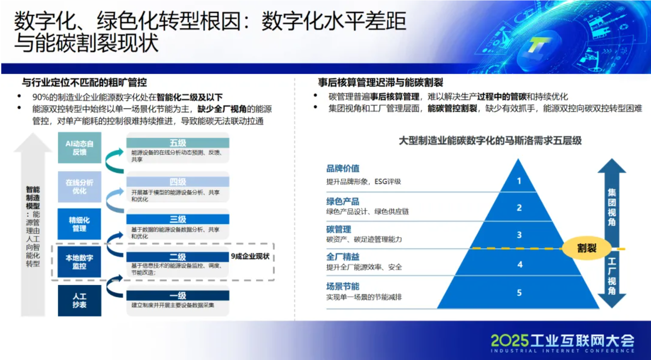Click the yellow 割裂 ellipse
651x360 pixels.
tap(586, 248)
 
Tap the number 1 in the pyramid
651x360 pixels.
tap(519, 181)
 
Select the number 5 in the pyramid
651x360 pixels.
tap(519, 293)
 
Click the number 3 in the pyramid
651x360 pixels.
tap(519, 235)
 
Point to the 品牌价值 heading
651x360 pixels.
tap(343, 168)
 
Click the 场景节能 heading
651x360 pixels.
tap(343, 286)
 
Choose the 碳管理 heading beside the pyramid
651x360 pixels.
tap(339, 229)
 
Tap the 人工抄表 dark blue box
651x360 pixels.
tap(79, 300)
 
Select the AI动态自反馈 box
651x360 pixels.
tap(79, 148)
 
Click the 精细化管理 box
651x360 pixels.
tap(79, 224)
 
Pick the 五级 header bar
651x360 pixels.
tap(178, 143)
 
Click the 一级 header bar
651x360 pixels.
tap(178, 295)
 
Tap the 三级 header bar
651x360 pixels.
tap(178, 219)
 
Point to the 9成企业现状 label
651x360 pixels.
tap(250, 256)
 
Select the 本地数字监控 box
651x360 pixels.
tap(79, 262)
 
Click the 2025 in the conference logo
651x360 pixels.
tap(510, 341)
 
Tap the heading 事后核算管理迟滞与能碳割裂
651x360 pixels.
tap(381, 83)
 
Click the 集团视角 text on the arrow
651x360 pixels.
tap(612, 207)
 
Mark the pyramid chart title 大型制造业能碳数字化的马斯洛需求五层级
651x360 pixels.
tap(490, 141)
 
